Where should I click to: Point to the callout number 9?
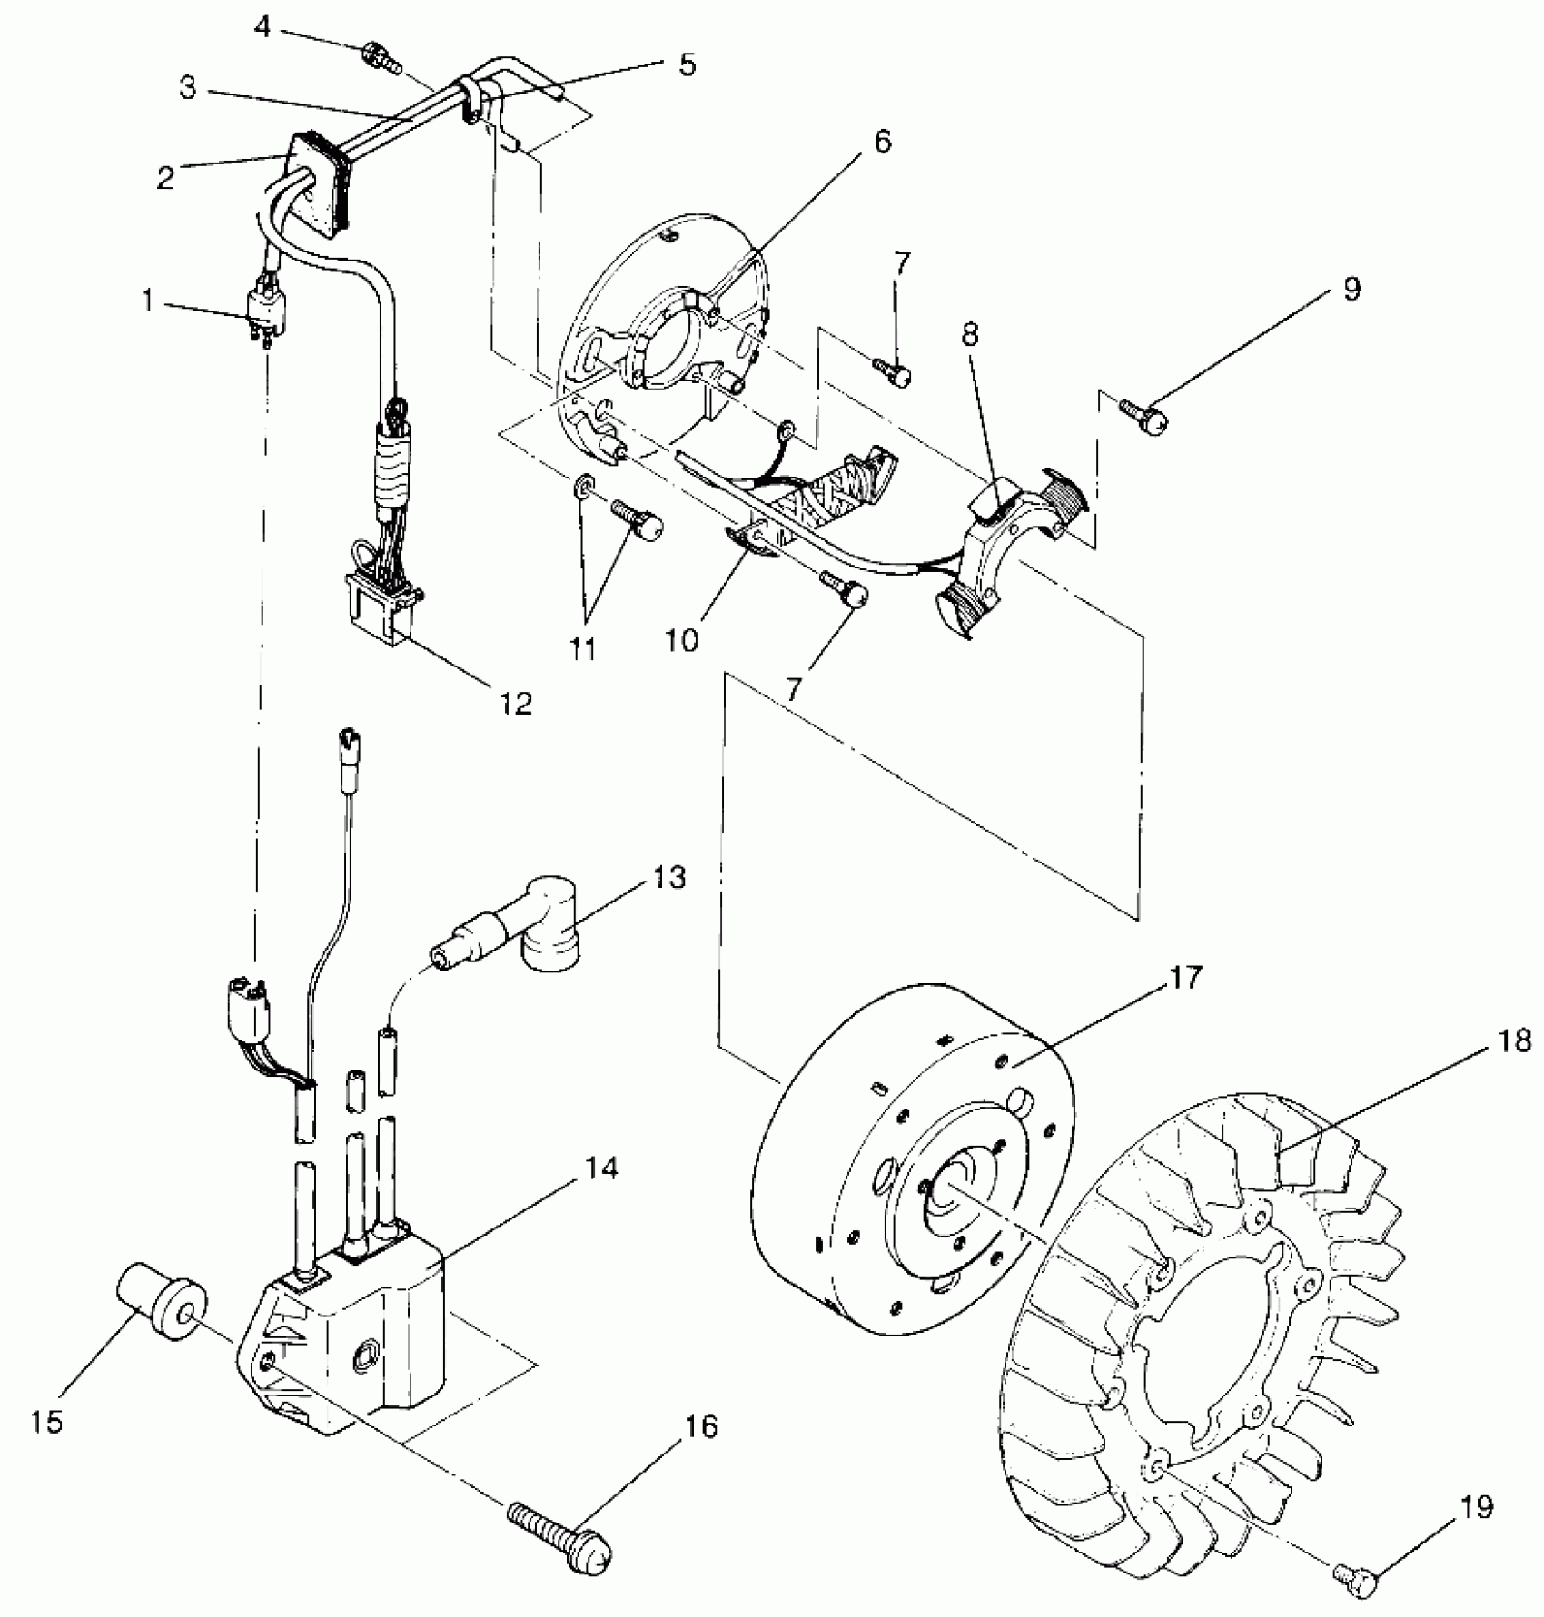pyautogui.click(x=1351, y=290)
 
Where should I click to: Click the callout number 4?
pyautogui.click(x=262, y=28)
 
